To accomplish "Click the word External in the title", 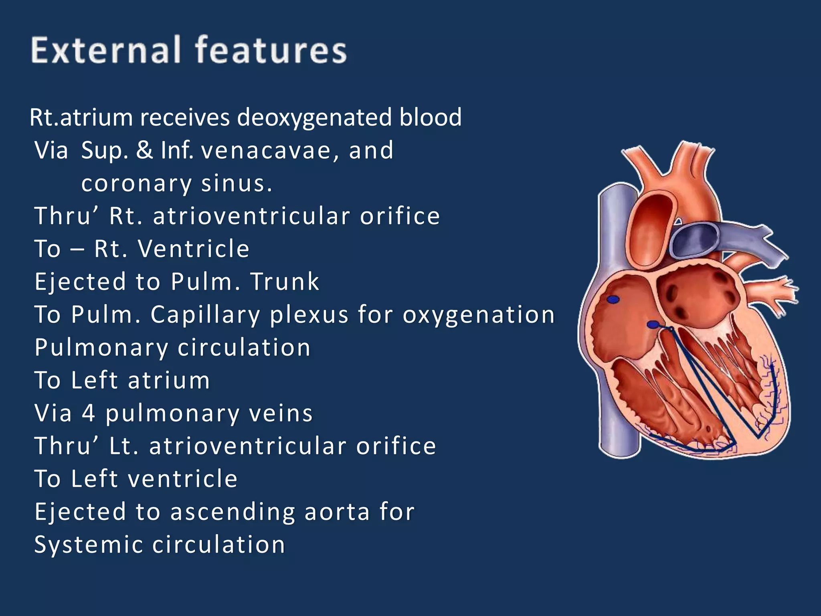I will pos(105,50).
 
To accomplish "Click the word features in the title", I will pos(271,50).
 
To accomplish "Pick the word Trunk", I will pos(285,282).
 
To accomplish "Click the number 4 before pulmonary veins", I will pos(89,413).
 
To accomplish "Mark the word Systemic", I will pos(89,545).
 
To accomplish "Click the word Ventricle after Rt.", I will pos(194,249).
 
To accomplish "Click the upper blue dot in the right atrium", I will pos(613,299).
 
